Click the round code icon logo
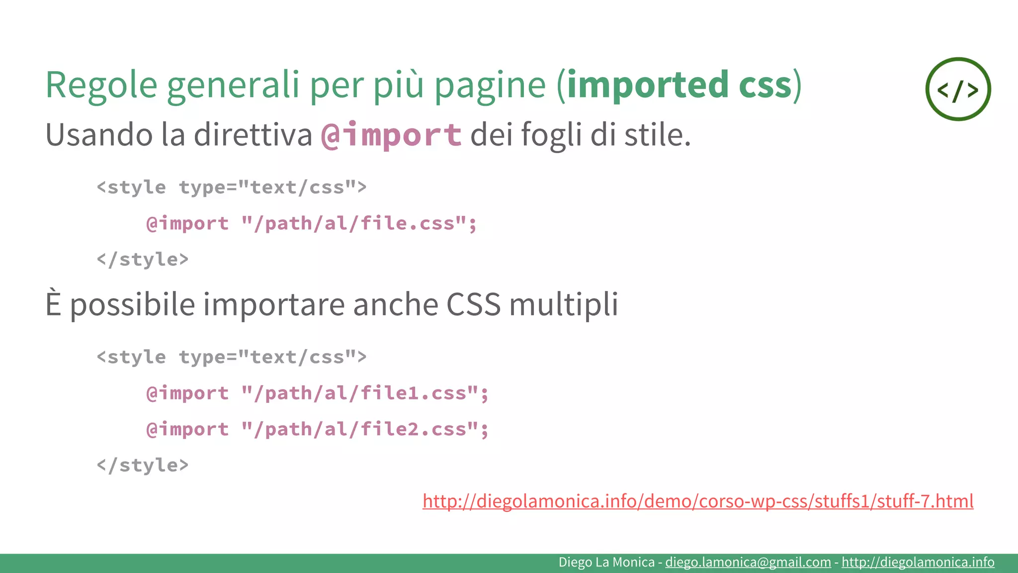[x=958, y=89]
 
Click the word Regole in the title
[x=101, y=85]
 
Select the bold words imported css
[x=679, y=85]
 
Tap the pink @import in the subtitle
[x=391, y=135]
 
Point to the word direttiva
[x=253, y=135]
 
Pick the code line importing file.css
[x=311, y=224]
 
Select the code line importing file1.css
[x=317, y=393]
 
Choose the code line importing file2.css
[x=317, y=429]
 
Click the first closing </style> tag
[x=143, y=260]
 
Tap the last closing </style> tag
[x=143, y=466]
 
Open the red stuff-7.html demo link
[x=698, y=501]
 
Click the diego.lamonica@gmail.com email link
[x=748, y=562]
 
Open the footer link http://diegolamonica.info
[x=918, y=562]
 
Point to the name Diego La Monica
[x=606, y=562]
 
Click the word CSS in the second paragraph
[x=473, y=304]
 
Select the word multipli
[x=564, y=304]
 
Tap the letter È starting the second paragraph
[x=53, y=304]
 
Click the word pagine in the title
[x=490, y=85]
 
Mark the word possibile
[x=132, y=304]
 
